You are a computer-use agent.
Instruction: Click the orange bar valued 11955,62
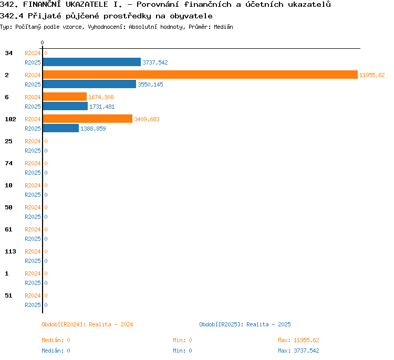tap(200, 75)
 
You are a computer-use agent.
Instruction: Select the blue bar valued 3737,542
tap(92, 62)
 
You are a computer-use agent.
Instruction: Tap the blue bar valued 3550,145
tap(89, 84)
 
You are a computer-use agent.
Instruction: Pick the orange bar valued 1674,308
tap(65, 97)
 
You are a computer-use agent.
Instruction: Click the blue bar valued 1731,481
tap(65, 106)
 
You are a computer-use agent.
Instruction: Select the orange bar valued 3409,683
tap(88, 119)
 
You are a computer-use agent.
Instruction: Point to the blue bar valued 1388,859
tap(61, 128)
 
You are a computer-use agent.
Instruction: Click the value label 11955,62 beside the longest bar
tap(372, 75)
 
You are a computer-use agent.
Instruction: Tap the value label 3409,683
tap(147, 119)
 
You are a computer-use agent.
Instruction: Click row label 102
tap(11, 119)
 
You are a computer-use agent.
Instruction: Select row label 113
tap(11, 251)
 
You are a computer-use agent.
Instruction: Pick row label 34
tap(8, 53)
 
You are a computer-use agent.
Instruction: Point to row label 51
tap(8, 295)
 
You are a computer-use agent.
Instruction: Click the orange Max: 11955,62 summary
tap(298, 340)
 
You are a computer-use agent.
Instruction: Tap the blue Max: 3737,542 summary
tap(298, 351)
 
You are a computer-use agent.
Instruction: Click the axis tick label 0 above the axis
tap(42, 43)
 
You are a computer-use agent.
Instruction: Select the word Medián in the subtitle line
tap(223, 27)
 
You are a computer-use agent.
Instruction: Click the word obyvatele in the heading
tap(191, 16)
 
